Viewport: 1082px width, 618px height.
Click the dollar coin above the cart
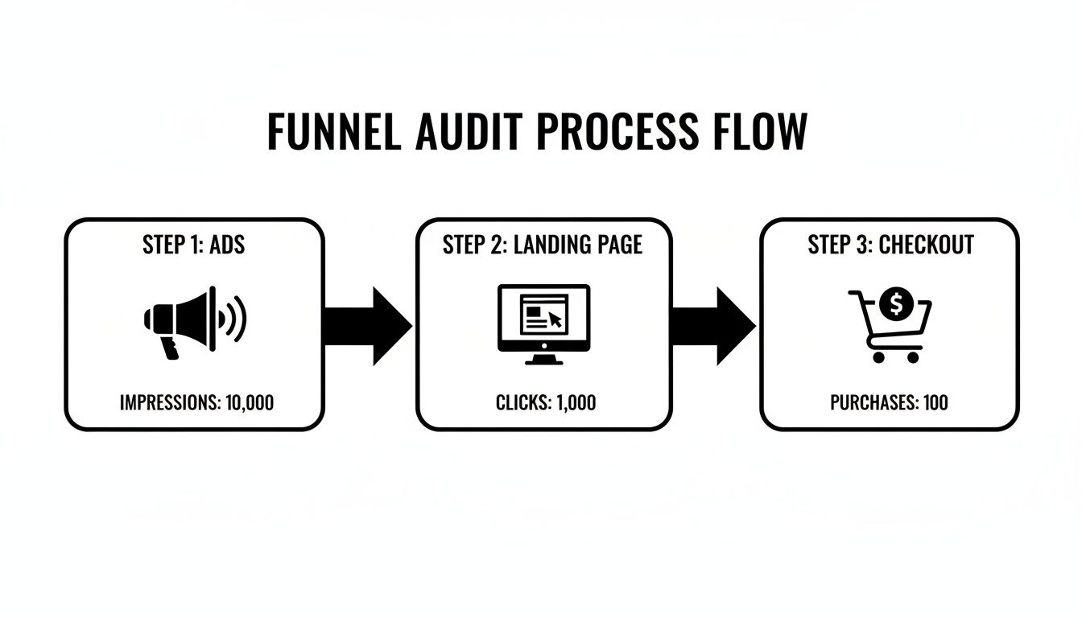[x=894, y=304]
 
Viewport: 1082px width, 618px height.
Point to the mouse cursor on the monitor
[x=555, y=319]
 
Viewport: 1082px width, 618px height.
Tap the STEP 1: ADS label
[x=194, y=245]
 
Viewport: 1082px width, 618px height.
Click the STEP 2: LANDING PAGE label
[x=543, y=245]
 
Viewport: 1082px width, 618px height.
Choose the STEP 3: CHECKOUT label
[x=890, y=245]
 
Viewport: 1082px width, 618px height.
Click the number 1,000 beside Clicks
[x=576, y=402]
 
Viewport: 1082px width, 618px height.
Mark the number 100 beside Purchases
[x=935, y=402]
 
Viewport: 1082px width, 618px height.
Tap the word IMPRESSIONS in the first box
[x=167, y=402]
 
